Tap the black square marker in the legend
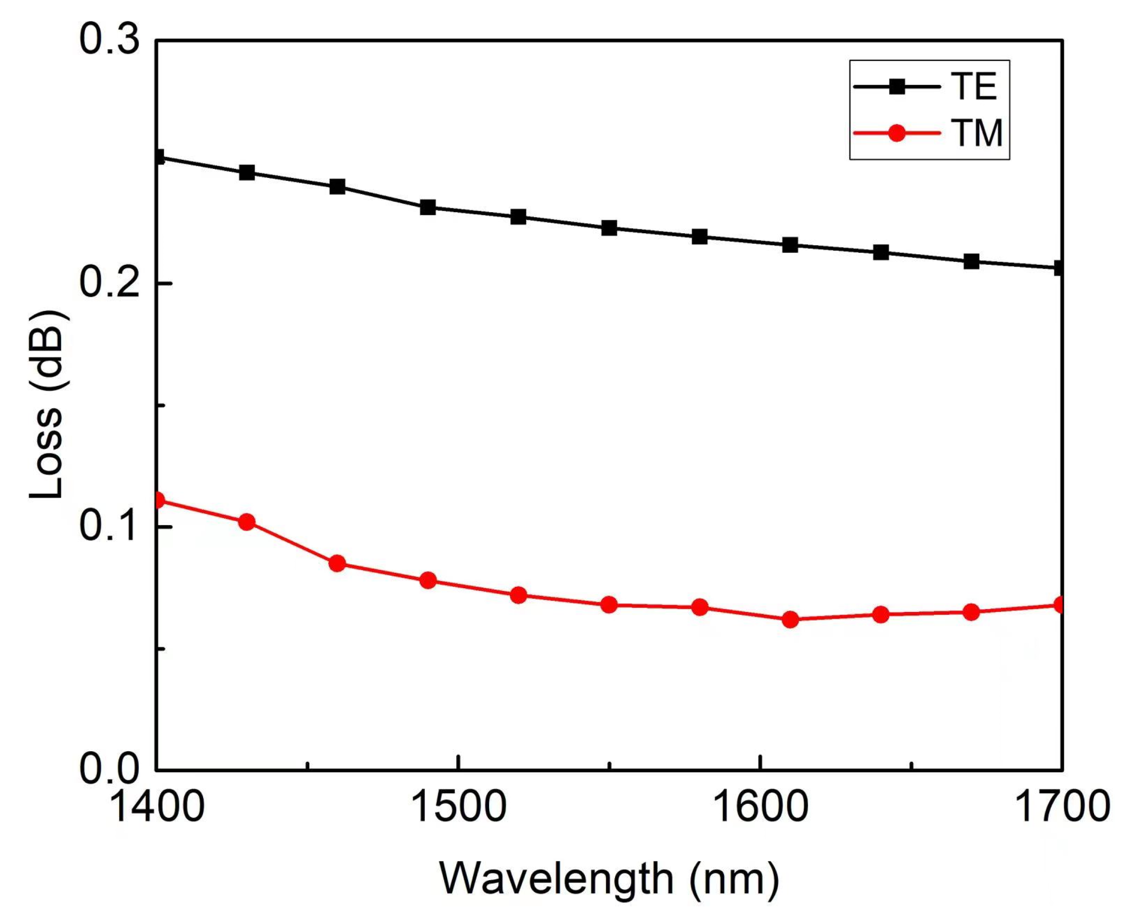897,87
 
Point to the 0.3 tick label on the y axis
110,40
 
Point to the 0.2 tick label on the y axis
110,283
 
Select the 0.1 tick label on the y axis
110,526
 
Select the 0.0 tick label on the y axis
110,769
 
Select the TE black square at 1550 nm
610,228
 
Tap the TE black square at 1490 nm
428,207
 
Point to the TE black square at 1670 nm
972,261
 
